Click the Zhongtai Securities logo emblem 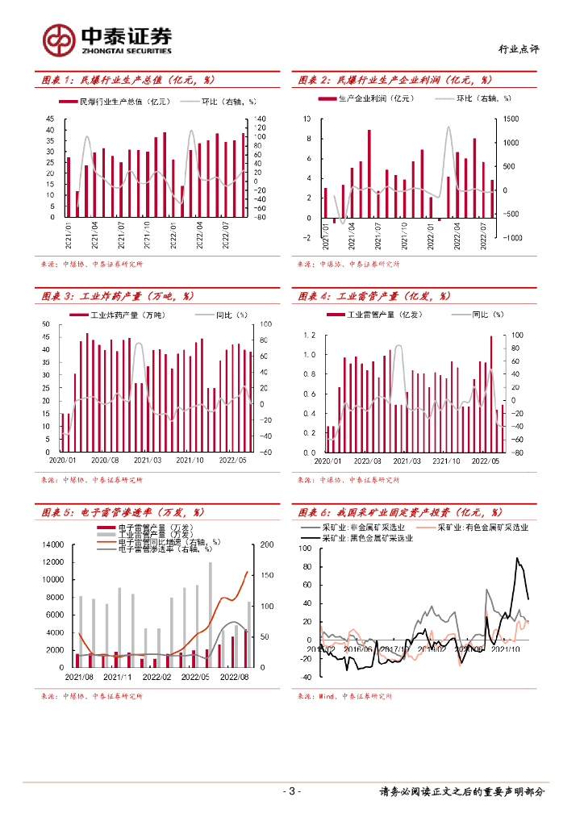(x=60, y=39)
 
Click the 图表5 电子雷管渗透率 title (x=122, y=512)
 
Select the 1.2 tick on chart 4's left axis (x=309, y=335)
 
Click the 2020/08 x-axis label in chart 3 (x=105, y=460)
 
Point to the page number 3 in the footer (x=293, y=791)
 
